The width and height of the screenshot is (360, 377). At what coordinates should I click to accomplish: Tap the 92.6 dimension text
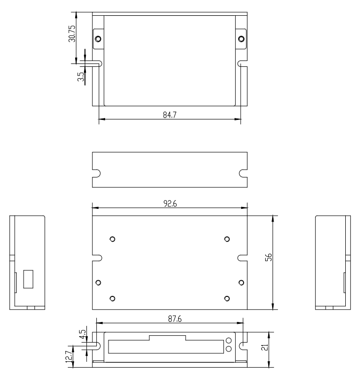click(170, 204)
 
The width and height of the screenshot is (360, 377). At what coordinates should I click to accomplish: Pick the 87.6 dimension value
click(170, 319)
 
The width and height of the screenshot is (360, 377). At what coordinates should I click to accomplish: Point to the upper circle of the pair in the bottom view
click(229, 341)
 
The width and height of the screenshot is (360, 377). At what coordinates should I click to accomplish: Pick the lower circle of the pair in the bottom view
click(229, 349)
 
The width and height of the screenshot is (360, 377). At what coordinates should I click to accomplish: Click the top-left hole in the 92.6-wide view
click(112, 239)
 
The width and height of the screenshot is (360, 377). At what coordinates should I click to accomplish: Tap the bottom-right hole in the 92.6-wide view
click(226, 299)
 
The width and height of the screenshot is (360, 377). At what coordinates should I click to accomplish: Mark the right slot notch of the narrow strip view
click(243, 173)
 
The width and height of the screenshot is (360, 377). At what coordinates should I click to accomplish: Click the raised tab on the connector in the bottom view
click(167, 338)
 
